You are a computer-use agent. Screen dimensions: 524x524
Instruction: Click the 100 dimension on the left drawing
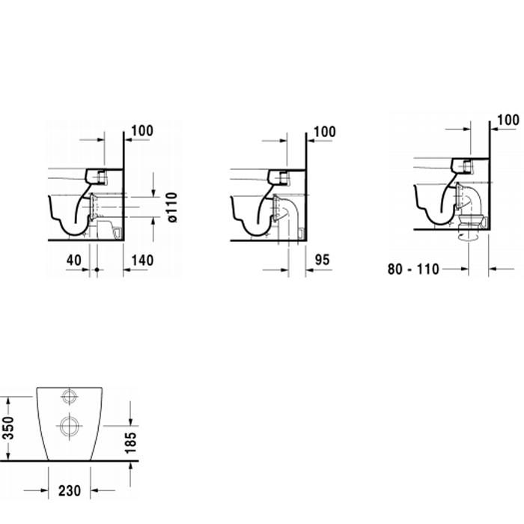(x=142, y=131)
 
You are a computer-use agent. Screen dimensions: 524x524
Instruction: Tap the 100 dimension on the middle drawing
(x=325, y=132)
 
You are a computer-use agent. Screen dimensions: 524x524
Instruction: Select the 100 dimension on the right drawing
(x=508, y=120)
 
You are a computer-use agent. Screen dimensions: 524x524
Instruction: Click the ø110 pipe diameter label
(x=172, y=207)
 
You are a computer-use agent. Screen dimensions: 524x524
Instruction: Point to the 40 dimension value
(x=73, y=260)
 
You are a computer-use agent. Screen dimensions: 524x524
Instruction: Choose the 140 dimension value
(x=142, y=260)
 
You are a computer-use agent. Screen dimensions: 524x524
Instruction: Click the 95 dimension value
(x=322, y=259)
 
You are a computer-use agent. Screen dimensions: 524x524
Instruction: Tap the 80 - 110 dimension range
(x=413, y=269)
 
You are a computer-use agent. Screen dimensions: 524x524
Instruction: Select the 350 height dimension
(x=8, y=427)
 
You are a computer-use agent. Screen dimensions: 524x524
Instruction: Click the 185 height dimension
(x=131, y=442)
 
